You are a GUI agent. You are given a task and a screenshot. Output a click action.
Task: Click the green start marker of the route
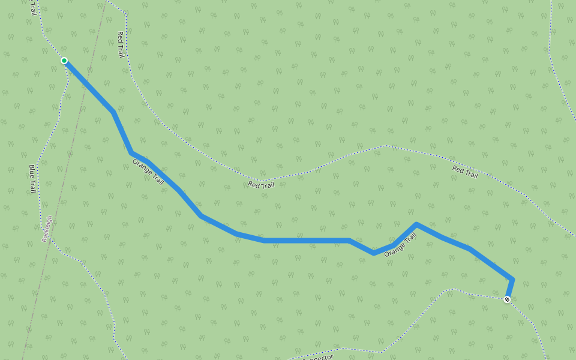click(64, 61)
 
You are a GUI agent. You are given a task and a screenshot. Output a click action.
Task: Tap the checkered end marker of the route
click(507, 299)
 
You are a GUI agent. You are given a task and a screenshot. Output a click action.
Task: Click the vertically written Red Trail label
click(121, 44)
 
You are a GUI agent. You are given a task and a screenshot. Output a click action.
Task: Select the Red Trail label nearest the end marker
click(465, 172)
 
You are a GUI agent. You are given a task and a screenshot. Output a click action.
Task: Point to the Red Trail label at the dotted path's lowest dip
click(261, 185)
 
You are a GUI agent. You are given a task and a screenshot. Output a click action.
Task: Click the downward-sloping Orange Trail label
click(148, 171)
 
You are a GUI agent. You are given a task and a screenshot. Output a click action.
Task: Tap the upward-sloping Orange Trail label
click(400, 245)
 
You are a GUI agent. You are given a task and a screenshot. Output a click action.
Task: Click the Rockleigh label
click(47, 229)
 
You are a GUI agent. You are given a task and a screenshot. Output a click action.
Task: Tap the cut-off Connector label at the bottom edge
click(318, 357)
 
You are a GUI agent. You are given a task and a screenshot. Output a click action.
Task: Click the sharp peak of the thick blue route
click(416, 224)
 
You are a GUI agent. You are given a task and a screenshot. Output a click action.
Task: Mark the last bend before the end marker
click(512, 278)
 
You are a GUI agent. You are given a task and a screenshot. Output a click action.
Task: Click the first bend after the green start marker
click(113, 112)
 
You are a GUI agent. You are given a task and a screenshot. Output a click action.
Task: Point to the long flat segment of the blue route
click(306, 241)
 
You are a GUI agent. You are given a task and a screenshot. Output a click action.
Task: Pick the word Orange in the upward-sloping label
click(394, 250)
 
